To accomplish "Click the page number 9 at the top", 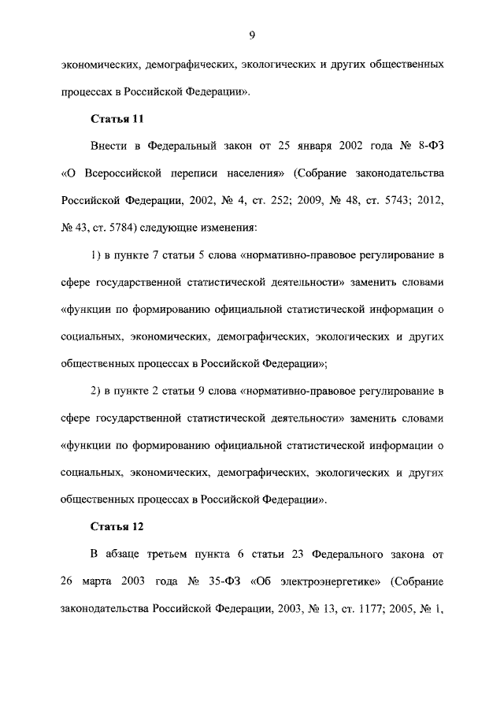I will click(251, 34).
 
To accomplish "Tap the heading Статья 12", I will click(117, 526).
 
